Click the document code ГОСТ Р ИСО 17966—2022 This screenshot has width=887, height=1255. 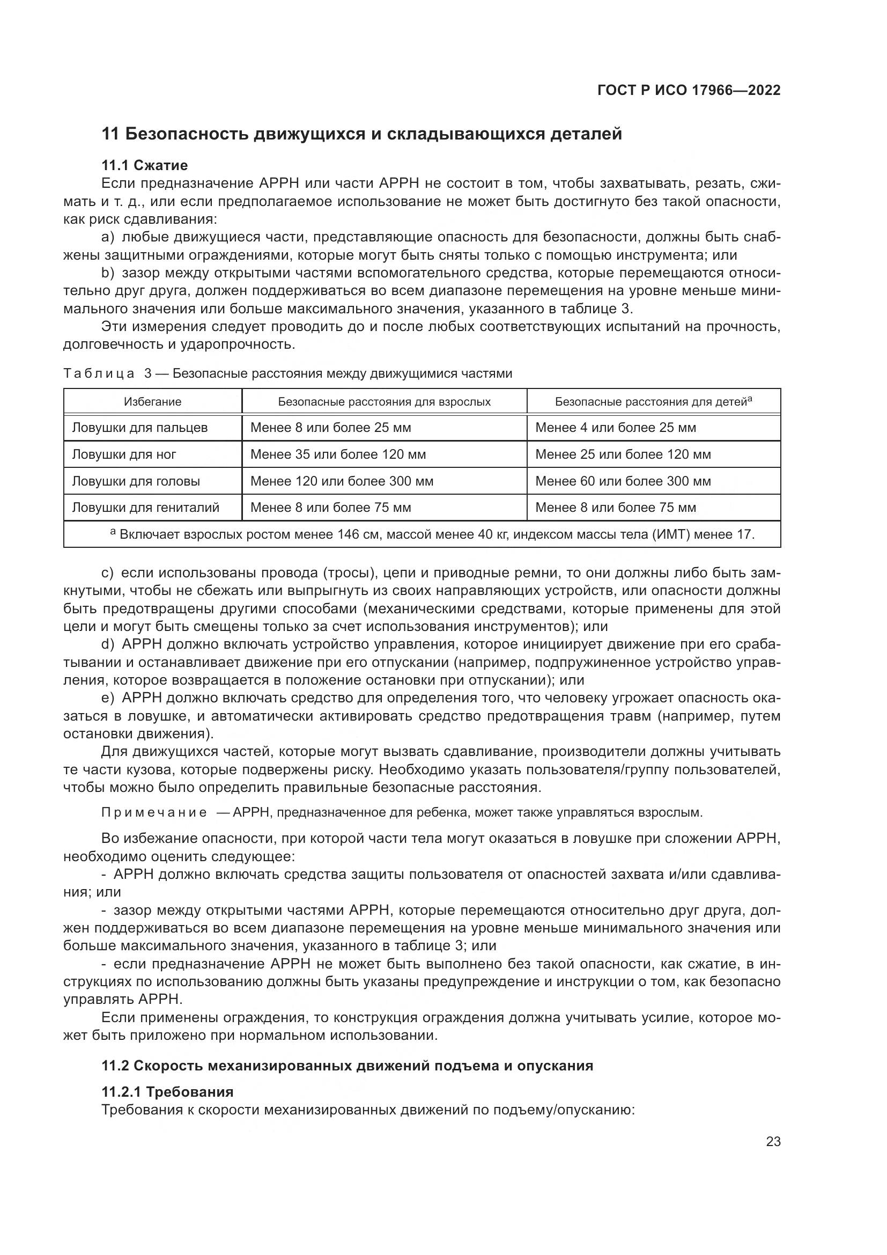[x=689, y=90]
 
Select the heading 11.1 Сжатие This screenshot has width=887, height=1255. [x=145, y=165]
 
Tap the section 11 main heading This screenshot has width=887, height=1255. [x=361, y=134]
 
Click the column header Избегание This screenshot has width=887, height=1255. [x=152, y=402]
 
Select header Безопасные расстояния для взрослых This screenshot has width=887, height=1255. [x=384, y=402]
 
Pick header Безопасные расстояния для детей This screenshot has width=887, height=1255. [x=653, y=402]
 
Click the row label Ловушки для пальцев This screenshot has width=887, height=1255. [x=140, y=428]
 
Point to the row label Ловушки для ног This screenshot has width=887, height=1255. [x=124, y=454]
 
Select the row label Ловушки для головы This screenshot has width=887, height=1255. [x=136, y=481]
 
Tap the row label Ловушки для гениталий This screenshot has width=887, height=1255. [x=146, y=507]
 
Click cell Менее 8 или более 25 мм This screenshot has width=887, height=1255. [x=330, y=428]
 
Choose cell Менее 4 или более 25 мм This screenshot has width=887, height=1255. [x=616, y=428]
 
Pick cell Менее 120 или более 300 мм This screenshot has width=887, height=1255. [x=342, y=481]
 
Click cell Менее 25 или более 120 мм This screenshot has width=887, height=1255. [x=623, y=454]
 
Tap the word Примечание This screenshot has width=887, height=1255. [x=154, y=812]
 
